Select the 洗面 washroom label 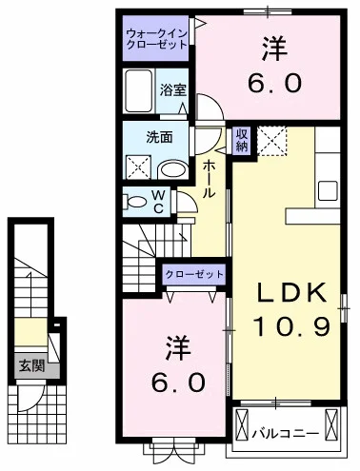coord(160,136)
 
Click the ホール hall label coord(210,179)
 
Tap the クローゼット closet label coord(195,274)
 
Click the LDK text coord(290,291)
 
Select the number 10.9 coord(290,327)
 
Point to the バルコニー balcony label coord(284,434)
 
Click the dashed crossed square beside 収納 coord(273,142)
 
